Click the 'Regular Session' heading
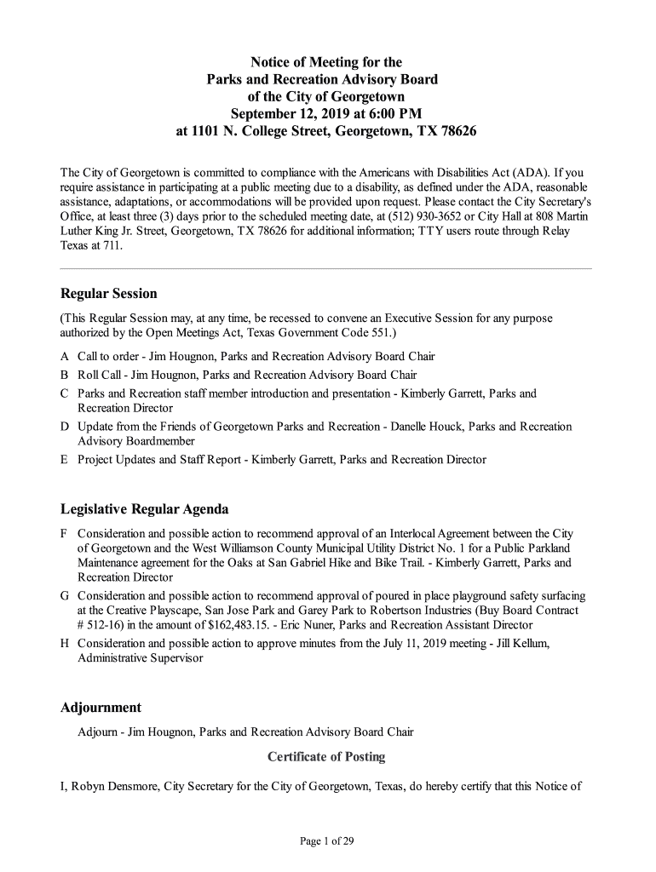click(108, 294)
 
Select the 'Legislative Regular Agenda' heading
click(144, 509)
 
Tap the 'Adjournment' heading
click(101, 708)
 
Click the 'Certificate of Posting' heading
click(326, 756)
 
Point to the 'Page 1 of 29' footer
click(326, 841)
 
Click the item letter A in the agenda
click(65, 357)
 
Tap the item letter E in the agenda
click(65, 460)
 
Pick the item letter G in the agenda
click(65, 596)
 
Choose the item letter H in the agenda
click(65, 643)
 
